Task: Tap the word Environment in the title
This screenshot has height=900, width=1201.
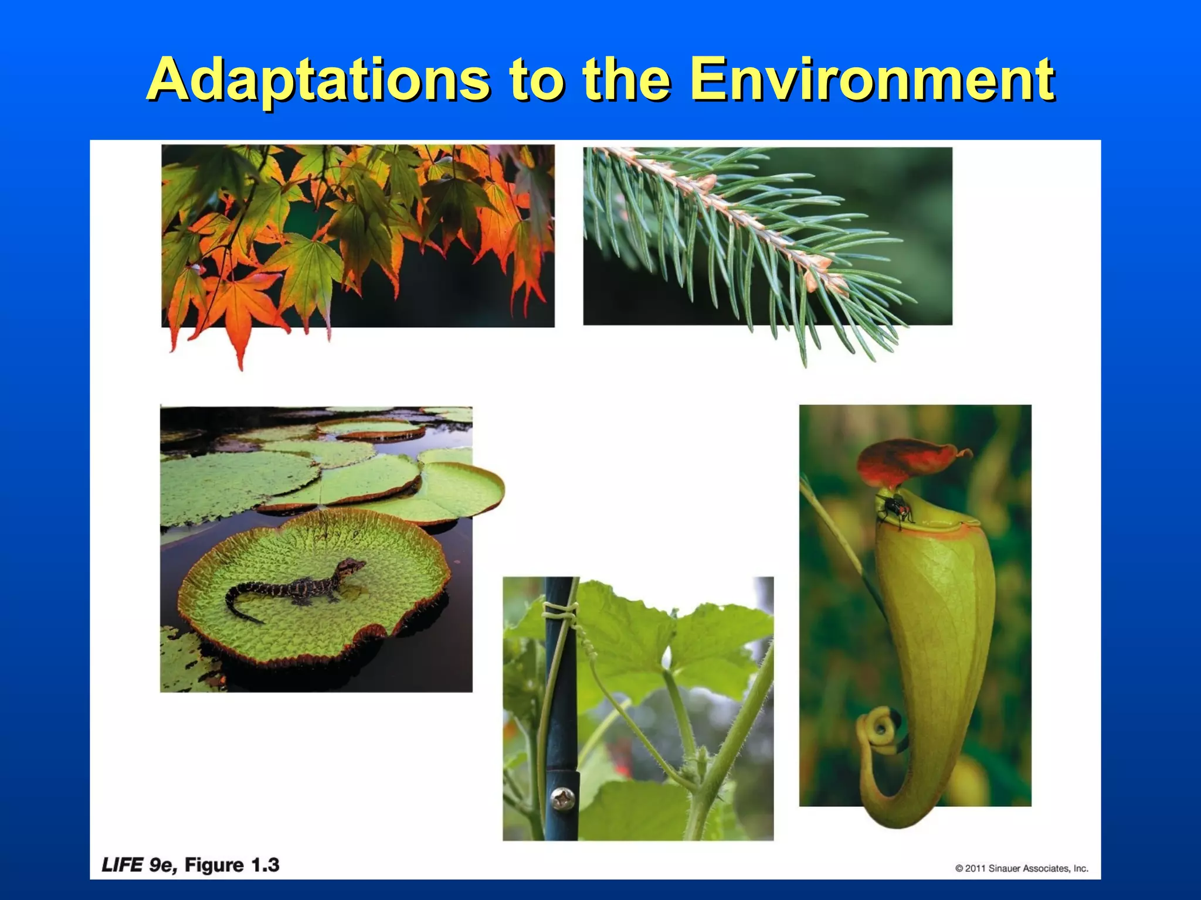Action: tap(872, 79)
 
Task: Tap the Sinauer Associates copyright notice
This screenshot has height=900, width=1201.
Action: tap(1022, 868)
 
